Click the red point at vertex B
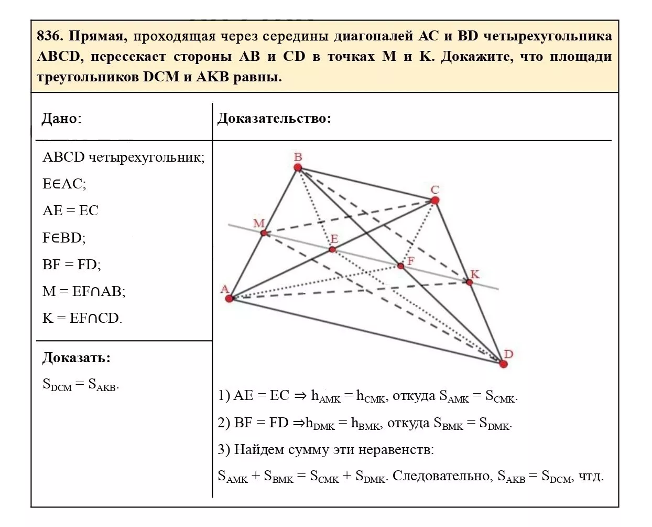[x=298, y=167]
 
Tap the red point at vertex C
[x=434, y=200]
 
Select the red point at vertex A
[x=229, y=299]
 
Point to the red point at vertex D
[x=503, y=364]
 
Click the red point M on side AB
[x=264, y=233]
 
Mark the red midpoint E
[x=332, y=249]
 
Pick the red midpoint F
[x=400, y=266]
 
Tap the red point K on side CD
[x=470, y=282]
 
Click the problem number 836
[x=50, y=36]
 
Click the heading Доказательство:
[x=274, y=118]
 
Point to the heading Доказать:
[x=77, y=358]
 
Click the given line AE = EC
[x=70, y=210]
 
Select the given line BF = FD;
[x=72, y=265]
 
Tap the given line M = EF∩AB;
[x=84, y=291]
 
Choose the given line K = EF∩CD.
[x=82, y=318]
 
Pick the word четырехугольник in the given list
[x=146, y=157]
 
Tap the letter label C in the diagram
[x=435, y=189]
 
